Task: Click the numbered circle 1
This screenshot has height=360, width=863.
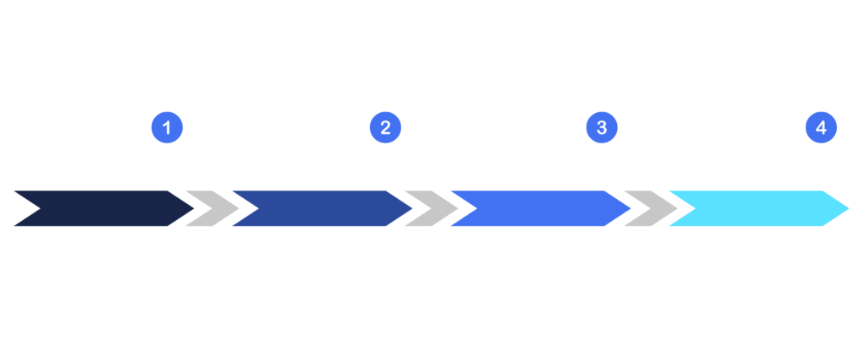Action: pyautogui.click(x=167, y=128)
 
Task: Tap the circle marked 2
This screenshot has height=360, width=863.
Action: pyautogui.click(x=385, y=128)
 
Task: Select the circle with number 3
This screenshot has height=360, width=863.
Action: pyautogui.click(x=602, y=128)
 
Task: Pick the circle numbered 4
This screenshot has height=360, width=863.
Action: pyautogui.click(x=821, y=128)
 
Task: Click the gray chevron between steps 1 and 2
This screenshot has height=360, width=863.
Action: pyautogui.click(x=211, y=208)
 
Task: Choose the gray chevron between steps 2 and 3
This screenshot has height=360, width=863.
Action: pyautogui.click(x=430, y=208)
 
